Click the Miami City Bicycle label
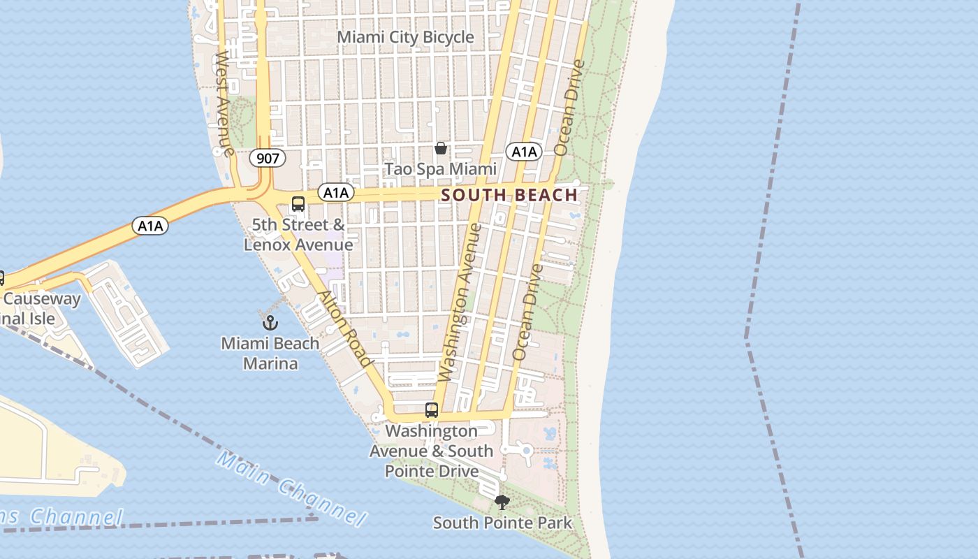coord(405,37)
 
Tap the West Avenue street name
coord(224,102)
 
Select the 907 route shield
coord(268,159)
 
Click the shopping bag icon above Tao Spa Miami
coord(441,148)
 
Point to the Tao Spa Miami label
coord(441,169)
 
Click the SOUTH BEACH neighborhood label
coord(510,195)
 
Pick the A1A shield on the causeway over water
coord(150,226)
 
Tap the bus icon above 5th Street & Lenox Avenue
coord(298,204)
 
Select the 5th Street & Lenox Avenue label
coord(298,235)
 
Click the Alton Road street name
coord(344,328)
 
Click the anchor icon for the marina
coord(270,322)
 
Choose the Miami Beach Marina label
coord(270,354)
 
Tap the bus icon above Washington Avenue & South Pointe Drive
coord(432,410)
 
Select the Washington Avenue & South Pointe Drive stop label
coord(432,451)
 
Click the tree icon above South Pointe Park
coord(502,502)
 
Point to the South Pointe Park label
coord(502,523)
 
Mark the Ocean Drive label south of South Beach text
coord(527,312)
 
